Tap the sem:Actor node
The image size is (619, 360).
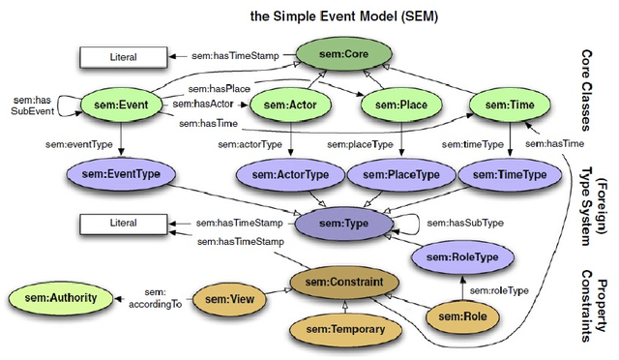coord(290,104)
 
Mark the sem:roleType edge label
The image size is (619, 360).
coord(498,289)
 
